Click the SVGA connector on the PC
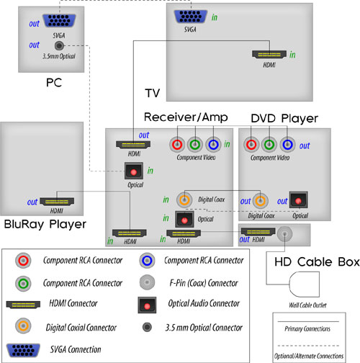[x=59, y=21]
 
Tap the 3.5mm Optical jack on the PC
[x=59, y=45]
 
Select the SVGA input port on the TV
[x=190, y=17]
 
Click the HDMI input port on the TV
[x=269, y=54]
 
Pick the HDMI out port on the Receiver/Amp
[x=133, y=145]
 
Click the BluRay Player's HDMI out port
[x=57, y=202]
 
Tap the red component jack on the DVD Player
[x=251, y=145]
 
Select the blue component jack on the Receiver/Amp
[x=213, y=145]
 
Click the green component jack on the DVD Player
[x=269, y=145]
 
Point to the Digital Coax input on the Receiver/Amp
[x=184, y=200]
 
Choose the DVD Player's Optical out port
[x=298, y=200]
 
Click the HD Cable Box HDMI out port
[x=258, y=232]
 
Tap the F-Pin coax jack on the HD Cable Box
[x=284, y=233]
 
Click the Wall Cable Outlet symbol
[x=305, y=284]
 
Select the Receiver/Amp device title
[x=186, y=117]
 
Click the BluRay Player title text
[x=45, y=224]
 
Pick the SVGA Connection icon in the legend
[x=23, y=350]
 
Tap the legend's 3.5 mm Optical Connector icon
[x=147, y=327]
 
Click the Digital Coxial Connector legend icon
[x=23, y=326]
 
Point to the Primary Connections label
[x=307, y=328]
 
